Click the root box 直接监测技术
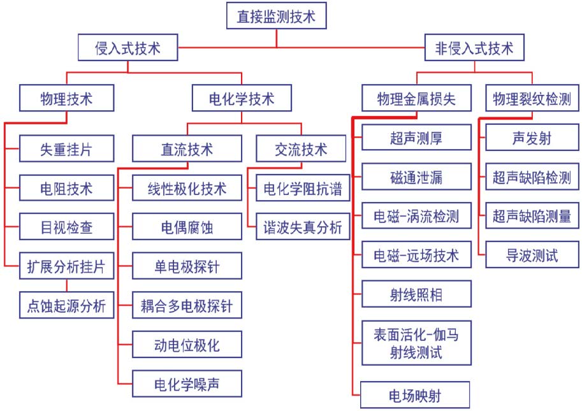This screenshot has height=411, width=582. coord(276,15)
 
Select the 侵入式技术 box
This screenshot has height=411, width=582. coord(127,48)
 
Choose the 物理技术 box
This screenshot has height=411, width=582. coord(66,99)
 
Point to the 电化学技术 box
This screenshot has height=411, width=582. coord(241,99)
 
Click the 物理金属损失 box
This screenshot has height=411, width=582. coord(416,99)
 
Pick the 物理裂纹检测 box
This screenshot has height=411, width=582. coord(532,99)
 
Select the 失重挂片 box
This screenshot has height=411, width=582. coord(66,150)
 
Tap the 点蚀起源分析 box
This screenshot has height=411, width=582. coord(66,305)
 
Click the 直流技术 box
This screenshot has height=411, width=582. coord(187,150)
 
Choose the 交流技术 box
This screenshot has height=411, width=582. coord(301,150)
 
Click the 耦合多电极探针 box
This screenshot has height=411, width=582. coord(187,305)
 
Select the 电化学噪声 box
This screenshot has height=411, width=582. coord(187,384)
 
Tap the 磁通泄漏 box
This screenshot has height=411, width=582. coord(416,177)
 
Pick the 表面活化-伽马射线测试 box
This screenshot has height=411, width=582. coord(416,343)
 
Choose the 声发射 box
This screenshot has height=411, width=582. coord(532,138)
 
